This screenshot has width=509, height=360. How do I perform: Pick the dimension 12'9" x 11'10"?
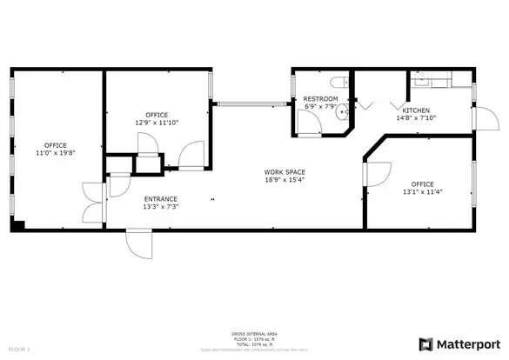[x=157, y=123]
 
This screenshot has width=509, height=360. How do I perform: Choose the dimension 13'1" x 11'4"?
[x=422, y=192]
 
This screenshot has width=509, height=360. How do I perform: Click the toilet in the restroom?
[x=343, y=83]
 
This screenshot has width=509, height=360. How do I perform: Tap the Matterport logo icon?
[x=427, y=343]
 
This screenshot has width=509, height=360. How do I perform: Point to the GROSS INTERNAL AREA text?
[x=254, y=332]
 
